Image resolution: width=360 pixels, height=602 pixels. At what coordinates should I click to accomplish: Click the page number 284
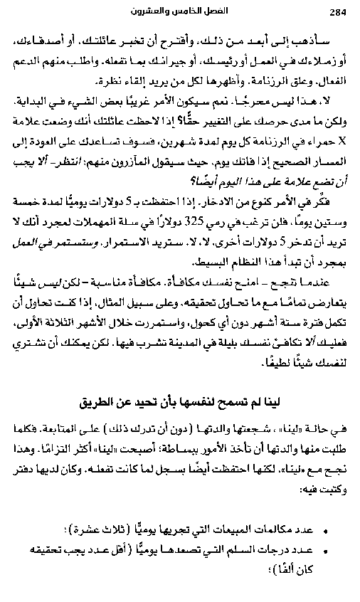pyautogui.click(x=337, y=12)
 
